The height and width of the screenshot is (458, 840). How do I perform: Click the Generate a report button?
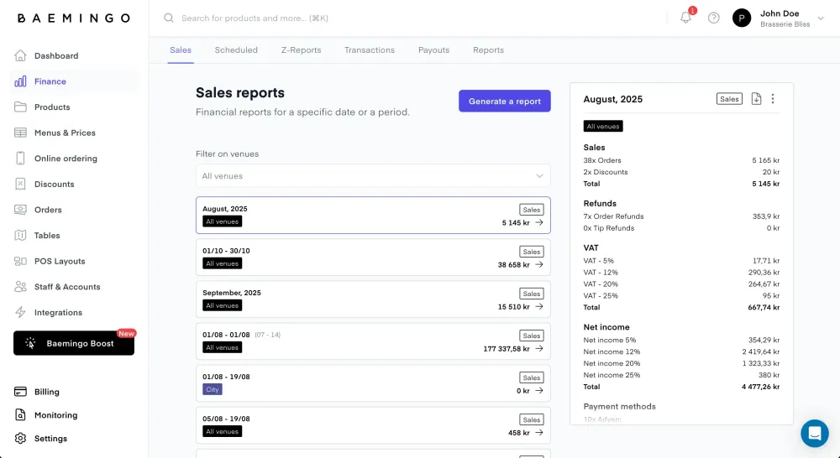pyautogui.click(x=504, y=101)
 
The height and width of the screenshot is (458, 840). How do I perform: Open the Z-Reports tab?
pyautogui.click(x=301, y=50)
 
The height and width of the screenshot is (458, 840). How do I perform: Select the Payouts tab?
pyautogui.click(x=433, y=50)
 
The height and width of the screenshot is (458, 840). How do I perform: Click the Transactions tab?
pyautogui.click(x=369, y=50)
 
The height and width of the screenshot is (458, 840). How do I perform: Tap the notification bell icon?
pyautogui.click(x=685, y=18)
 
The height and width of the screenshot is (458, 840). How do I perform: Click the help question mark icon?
pyautogui.click(x=714, y=18)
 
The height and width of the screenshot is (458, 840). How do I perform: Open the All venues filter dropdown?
pyautogui.click(x=373, y=176)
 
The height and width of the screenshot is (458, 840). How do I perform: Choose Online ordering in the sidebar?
pyautogui.click(x=66, y=159)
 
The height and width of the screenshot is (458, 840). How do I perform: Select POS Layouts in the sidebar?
pyautogui.click(x=60, y=261)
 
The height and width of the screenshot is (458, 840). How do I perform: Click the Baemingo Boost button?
pyautogui.click(x=74, y=343)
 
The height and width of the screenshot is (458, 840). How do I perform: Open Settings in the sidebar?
pyautogui.click(x=50, y=439)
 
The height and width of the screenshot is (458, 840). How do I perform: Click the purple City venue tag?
pyautogui.click(x=213, y=389)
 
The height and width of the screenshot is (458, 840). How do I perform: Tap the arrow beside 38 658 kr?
pyautogui.click(x=539, y=264)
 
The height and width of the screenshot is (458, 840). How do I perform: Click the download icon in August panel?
pyautogui.click(x=756, y=99)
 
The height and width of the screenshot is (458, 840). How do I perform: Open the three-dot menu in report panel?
pyautogui.click(x=773, y=99)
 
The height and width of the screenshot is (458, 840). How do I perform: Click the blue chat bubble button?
pyautogui.click(x=814, y=433)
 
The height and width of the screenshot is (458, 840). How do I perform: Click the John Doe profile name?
pyautogui.click(x=780, y=13)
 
